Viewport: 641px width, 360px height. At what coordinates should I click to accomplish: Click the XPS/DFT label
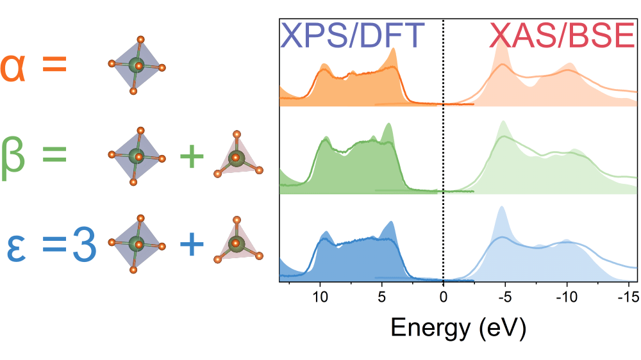[353, 36]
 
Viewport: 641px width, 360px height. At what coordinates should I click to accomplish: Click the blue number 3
[84, 245]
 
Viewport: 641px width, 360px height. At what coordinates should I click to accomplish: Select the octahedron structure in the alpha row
[137, 65]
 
